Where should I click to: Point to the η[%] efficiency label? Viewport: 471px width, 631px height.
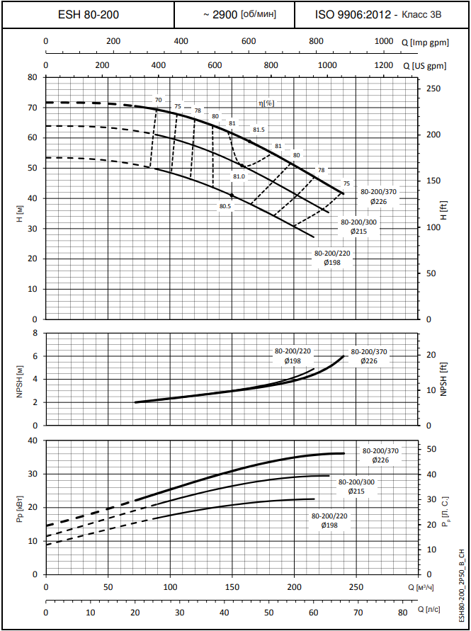pos(266,103)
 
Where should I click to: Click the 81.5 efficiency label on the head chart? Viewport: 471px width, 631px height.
pos(259,130)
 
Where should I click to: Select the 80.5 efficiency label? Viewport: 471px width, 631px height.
pos(225,206)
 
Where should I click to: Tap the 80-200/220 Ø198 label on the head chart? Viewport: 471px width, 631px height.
pos(332,258)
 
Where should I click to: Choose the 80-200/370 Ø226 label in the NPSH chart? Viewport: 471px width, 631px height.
pos(369,356)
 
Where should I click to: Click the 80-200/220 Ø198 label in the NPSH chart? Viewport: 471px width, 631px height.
pos(293,356)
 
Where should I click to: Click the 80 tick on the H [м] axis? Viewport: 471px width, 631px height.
pos(32,77)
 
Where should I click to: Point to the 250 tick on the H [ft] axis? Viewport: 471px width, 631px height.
pos(433,89)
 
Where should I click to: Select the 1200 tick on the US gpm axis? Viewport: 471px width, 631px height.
pos(382,65)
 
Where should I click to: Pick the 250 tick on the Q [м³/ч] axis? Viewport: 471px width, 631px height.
pos(356,588)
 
